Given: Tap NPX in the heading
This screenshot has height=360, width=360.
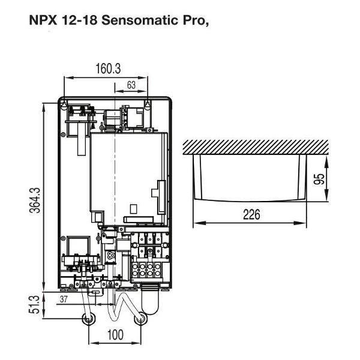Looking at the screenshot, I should click(41, 19).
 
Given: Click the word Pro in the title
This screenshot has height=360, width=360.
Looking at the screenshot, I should click(190, 19).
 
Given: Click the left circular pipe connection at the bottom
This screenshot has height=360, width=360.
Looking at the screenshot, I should click(89, 319).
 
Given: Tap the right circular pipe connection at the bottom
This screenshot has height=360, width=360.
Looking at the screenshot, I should click(141, 319).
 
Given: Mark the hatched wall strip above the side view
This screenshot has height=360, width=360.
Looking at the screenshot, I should click(256, 146).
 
